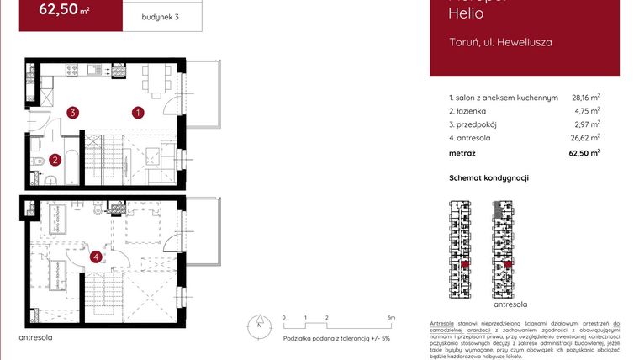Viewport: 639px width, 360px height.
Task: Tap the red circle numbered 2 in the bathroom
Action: (55, 159)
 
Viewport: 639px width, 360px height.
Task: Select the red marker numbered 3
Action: (74, 112)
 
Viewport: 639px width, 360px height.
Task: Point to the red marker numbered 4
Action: (97, 257)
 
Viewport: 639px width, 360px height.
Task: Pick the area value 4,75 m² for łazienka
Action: (587, 110)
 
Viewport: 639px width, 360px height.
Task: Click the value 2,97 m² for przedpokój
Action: (587, 124)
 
